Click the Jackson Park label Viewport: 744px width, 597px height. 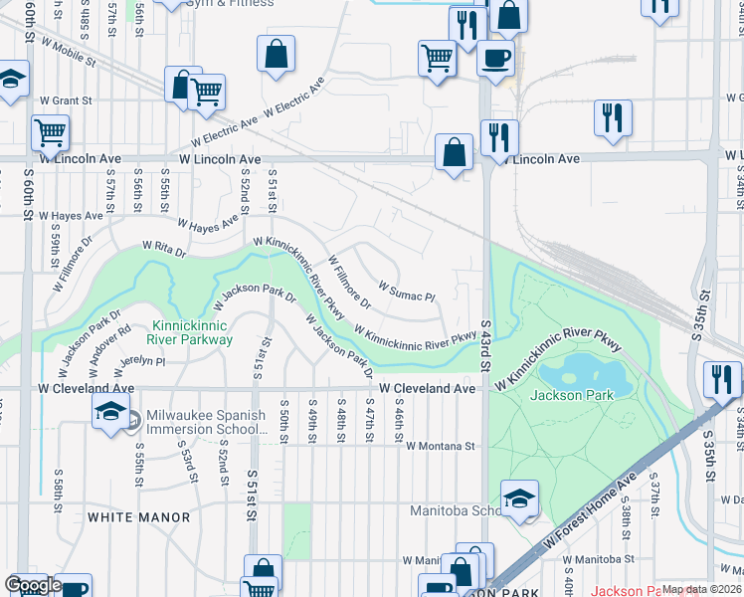[x=572, y=395]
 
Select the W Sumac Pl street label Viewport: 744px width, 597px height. [x=407, y=296]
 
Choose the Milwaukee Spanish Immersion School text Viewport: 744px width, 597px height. [x=206, y=422]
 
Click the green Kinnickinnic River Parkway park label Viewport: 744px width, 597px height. [x=189, y=332]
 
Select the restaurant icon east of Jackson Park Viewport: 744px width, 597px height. [x=721, y=379]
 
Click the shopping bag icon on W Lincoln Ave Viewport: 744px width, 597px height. [x=454, y=154]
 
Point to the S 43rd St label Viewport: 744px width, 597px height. [x=486, y=344]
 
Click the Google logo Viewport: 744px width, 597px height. [x=33, y=585]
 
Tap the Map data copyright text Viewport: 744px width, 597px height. [x=701, y=589]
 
